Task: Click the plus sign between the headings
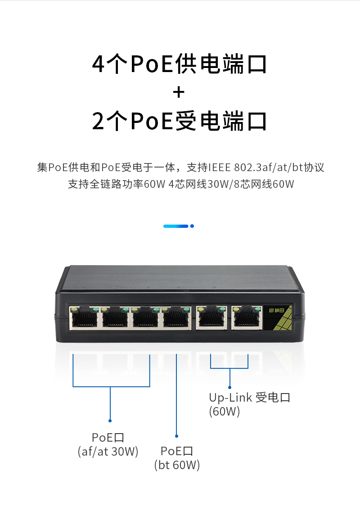(x=179, y=92)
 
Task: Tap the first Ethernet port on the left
(x=84, y=317)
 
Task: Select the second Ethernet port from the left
(x=115, y=317)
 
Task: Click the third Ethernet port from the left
(x=145, y=317)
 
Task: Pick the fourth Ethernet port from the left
(x=176, y=317)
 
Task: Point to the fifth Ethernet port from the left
(x=211, y=317)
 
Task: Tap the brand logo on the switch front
(x=277, y=310)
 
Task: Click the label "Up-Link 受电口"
(x=249, y=398)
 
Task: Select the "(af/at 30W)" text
(x=108, y=451)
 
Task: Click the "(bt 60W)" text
(x=177, y=465)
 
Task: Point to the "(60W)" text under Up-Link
(x=224, y=412)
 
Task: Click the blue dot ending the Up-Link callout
(x=230, y=387)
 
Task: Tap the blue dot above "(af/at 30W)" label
(x=110, y=421)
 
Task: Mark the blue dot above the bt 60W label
(x=176, y=436)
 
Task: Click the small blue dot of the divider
(x=192, y=226)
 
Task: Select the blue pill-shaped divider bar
(x=176, y=226)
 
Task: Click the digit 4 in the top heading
(x=98, y=63)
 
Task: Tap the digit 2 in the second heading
(x=98, y=121)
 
